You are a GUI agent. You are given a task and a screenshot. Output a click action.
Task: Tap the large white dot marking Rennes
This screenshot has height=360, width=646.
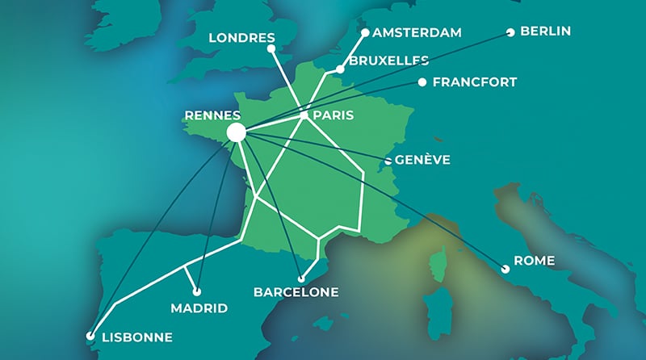click(x=237, y=132)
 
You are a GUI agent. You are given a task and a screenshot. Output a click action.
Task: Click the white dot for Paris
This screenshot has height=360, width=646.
click(x=304, y=115)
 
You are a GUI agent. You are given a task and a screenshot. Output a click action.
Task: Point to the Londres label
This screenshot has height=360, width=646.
click(x=242, y=37)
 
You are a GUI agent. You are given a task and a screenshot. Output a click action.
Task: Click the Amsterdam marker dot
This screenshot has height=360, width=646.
click(x=365, y=33)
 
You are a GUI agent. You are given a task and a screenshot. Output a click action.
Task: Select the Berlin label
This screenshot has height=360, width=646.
click(x=546, y=31)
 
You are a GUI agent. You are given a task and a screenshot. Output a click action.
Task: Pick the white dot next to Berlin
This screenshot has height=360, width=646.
click(x=510, y=33)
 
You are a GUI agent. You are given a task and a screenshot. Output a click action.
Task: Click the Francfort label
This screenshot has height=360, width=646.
click(x=475, y=82)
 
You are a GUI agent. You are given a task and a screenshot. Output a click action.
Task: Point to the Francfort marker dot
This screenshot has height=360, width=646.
click(x=422, y=82)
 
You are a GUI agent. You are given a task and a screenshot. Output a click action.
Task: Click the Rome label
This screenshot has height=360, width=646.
click(x=535, y=262)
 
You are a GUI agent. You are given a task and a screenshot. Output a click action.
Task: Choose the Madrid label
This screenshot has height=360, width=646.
click(x=199, y=308)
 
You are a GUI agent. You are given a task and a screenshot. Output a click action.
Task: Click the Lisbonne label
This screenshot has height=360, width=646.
click(x=137, y=337)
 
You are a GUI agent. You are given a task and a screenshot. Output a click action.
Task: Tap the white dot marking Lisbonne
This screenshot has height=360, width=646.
click(x=90, y=337)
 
